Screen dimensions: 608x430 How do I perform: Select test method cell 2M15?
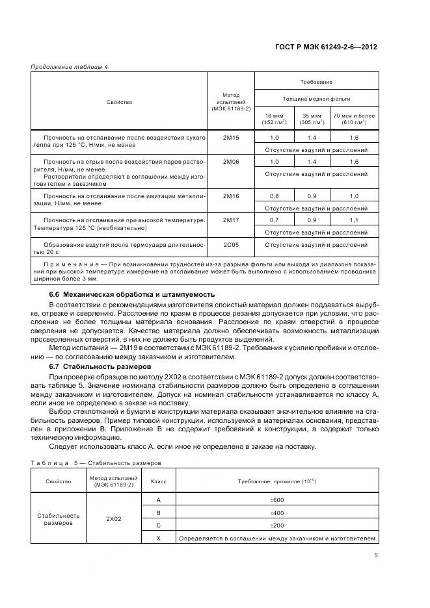[x=231, y=138]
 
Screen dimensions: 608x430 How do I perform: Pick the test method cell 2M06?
[x=231, y=161]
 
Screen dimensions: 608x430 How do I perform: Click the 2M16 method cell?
[x=231, y=196]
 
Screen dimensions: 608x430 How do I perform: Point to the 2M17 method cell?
[x=231, y=220]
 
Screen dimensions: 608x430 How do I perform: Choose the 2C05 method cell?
[x=231, y=245]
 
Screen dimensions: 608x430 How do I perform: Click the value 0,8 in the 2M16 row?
[x=274, y=196]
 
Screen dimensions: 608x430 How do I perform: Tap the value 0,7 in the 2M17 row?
[x=274, y=220]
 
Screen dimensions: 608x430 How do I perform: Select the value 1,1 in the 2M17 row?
[x=354, y=220]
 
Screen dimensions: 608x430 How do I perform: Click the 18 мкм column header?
[x=274, y=118]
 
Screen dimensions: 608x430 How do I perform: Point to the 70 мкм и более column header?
[x=354, y=118]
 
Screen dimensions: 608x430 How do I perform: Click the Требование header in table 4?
[x=316, y=82]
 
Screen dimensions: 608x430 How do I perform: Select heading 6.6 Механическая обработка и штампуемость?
[x=123, y=294]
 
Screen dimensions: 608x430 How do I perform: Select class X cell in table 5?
[x=159, y=538]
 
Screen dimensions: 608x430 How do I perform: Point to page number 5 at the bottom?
[x=376, y=555]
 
